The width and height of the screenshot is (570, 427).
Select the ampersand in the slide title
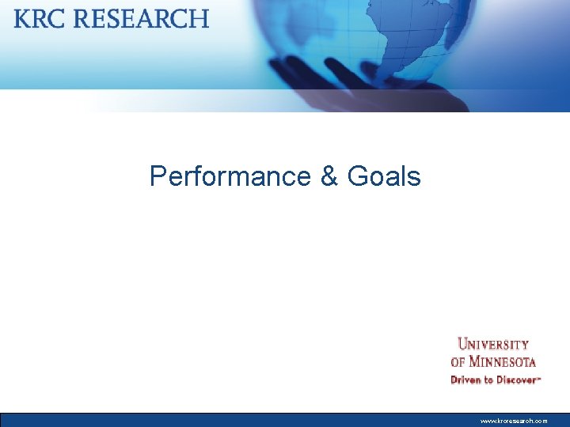click(x=329, y=176)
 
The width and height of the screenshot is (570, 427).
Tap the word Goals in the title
click(x=384, y=176)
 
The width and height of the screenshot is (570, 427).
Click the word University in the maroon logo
click(x=493, y=345)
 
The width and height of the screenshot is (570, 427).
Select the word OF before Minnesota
click(x=457, y=362)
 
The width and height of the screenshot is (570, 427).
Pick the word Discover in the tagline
click(x=516, y=380)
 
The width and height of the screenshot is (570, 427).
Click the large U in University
click(x=463, y=345)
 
